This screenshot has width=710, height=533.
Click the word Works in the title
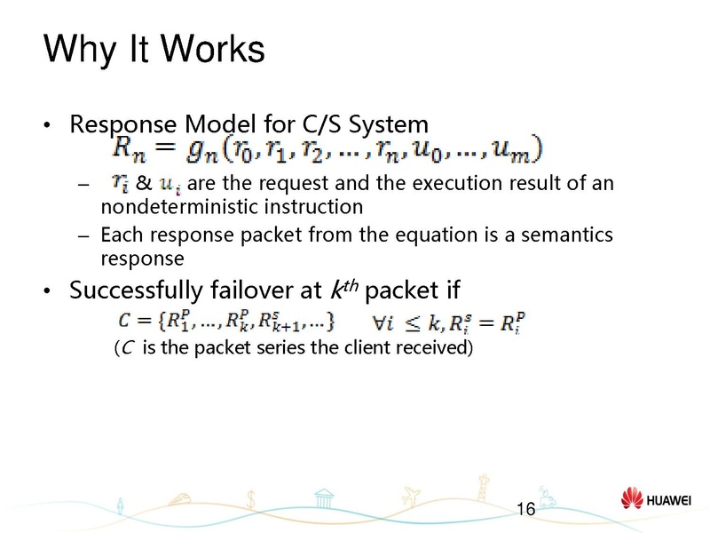[209, 49]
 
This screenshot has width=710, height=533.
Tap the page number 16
[525, 509]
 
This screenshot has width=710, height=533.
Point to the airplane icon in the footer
[410, 493]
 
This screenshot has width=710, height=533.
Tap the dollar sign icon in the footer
[253, 498]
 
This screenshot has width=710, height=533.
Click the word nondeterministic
[168, 208]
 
